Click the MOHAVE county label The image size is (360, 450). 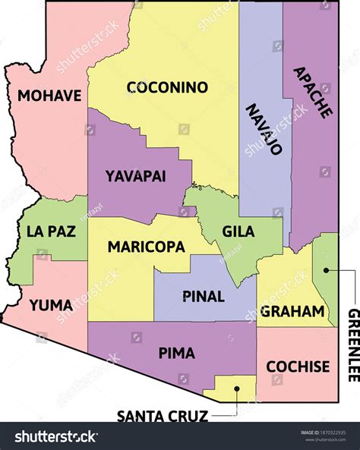49,96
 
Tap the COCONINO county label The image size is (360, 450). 167,87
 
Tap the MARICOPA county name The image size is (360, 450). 146,247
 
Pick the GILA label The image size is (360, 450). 238,231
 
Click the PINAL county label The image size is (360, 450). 204,296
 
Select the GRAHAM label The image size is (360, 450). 292,311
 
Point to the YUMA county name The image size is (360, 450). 51,305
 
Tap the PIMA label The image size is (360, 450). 176,353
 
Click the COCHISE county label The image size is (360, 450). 298,367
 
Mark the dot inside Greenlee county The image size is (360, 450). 324,268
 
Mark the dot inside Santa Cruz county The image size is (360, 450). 236,389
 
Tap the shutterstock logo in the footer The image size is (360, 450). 57,436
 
